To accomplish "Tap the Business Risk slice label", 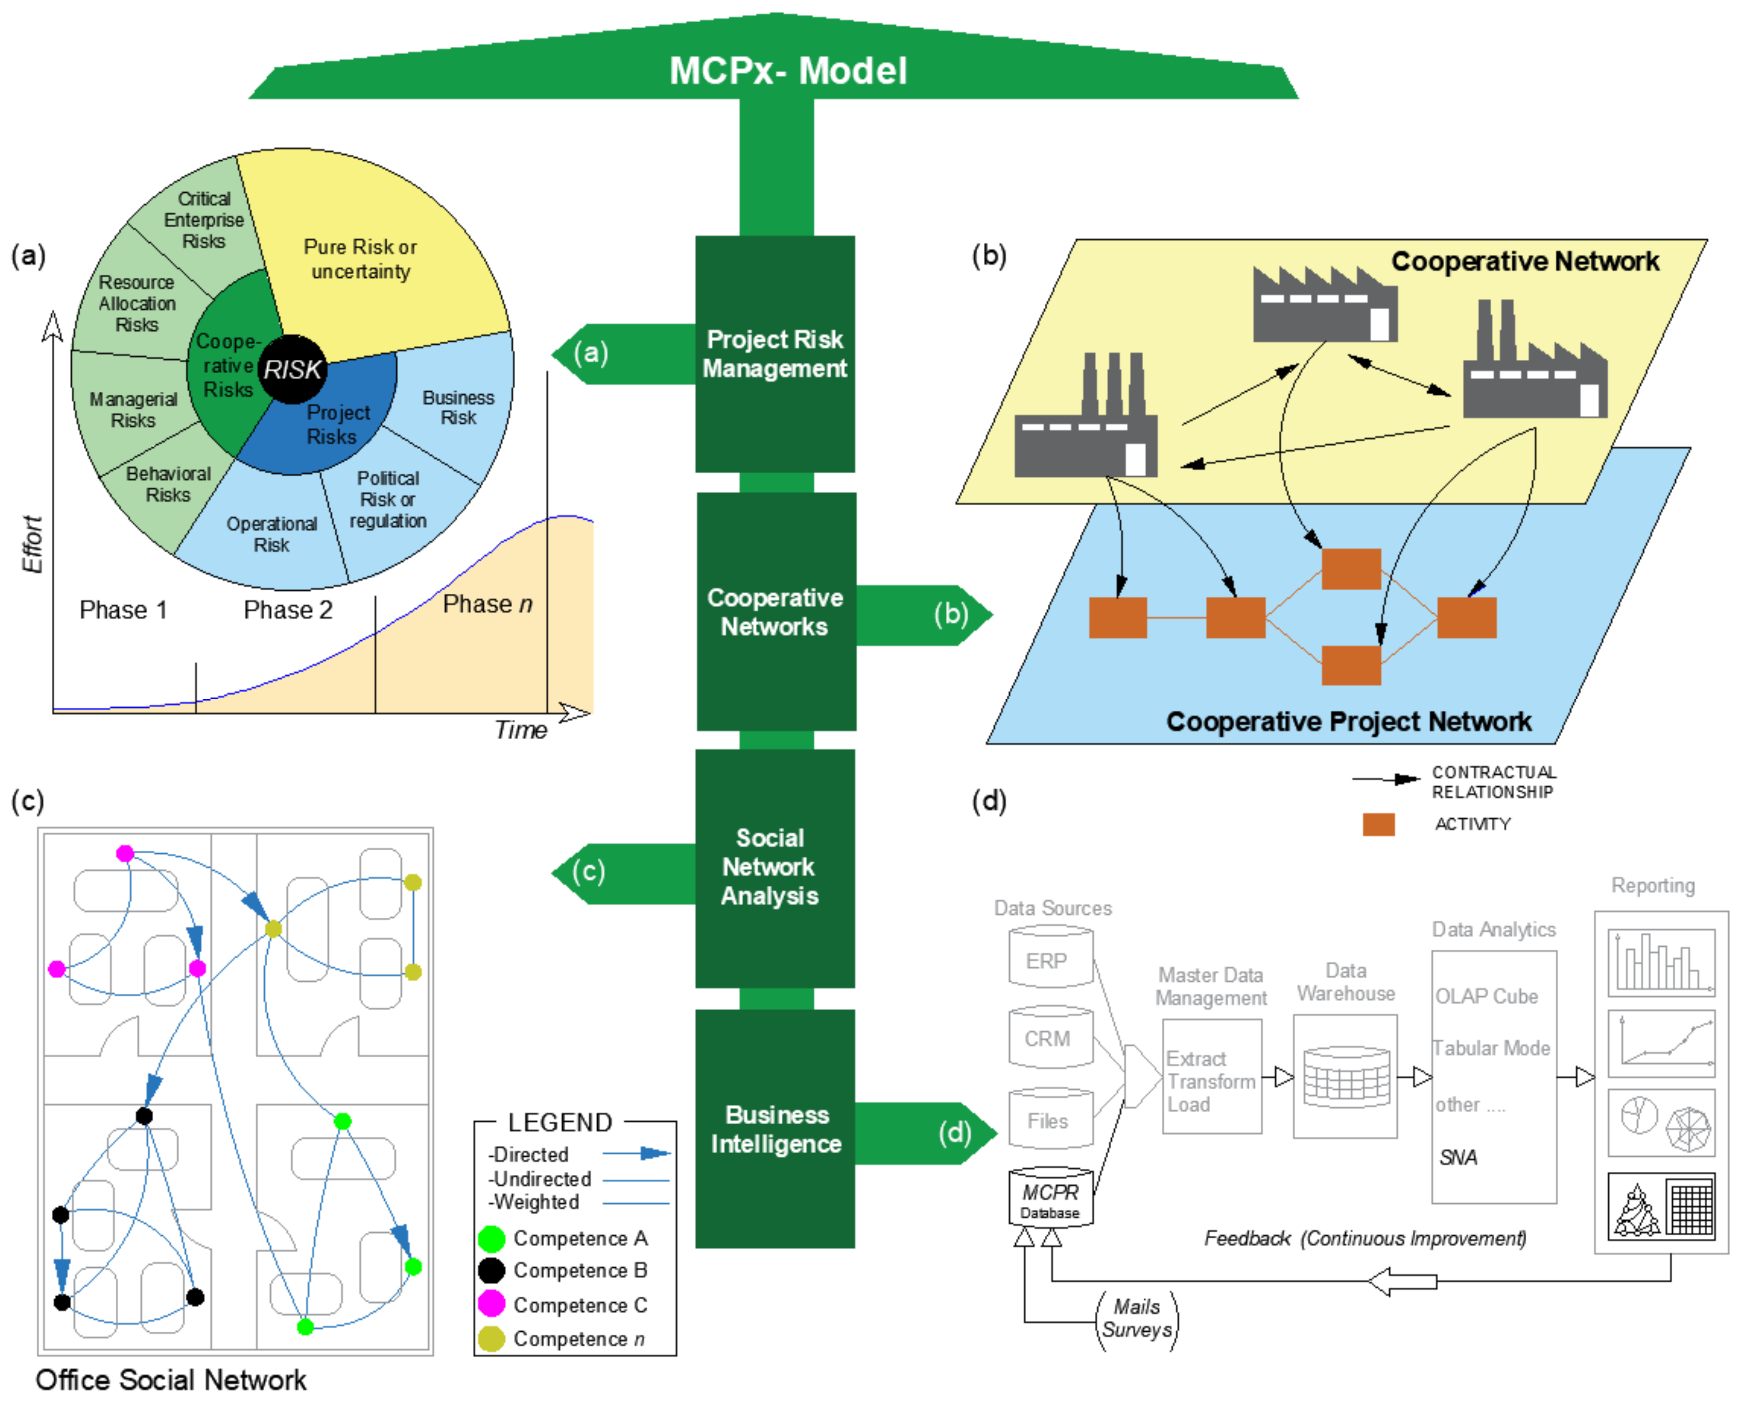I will coord(458,408).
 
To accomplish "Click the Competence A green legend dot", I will coord(491,1238).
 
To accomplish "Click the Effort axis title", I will coord(32,544).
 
